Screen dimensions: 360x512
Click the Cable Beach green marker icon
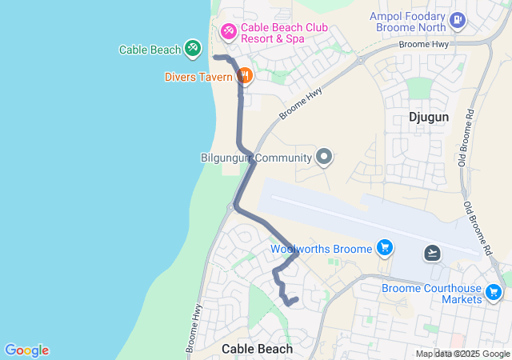pyautogui.click(x=192, y=49)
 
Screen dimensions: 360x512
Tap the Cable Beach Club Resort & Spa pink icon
pyautogui.click(x=229, y=31)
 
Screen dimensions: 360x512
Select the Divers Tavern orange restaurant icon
pyautogui.click(x=244, y=76)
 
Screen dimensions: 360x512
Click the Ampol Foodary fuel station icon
pyautogui.click(x=457, y=19)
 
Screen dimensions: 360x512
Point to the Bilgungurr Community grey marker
pyautogui.click(x=324, y=157)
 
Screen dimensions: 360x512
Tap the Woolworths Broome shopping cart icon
pyautogui.click(x=385, y=248)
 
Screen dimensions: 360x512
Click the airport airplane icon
pyautogui.click(x=433, y=254)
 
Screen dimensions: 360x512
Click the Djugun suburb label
pyautogui.click(x=429, y=117)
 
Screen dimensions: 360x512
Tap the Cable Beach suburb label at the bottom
pyautogui.click(x=257, y=349)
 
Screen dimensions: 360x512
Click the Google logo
pyautogui.click(x=26, y=350)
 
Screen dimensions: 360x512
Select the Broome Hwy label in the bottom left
pyautogui.click(x=194, y=328)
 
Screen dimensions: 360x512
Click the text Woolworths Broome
pyautogui.click(x=321, y=249)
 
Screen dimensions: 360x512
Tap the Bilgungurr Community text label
pyautogui.click(x=255, y=158)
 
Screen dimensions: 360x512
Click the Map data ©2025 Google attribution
pyautogui.click(x=463, y=354)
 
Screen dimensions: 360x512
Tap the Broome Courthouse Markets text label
pyautogui.click(x=431, y=294)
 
